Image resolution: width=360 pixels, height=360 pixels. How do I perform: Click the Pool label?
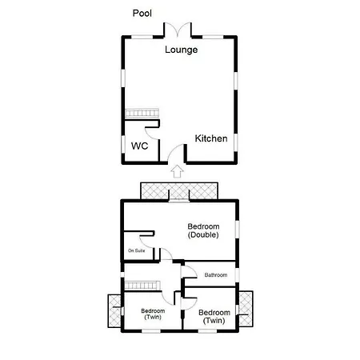[x=142, y=13]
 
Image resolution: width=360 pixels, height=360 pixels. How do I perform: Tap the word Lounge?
[x=182, y=50]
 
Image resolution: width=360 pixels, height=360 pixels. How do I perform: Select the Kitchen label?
[x=211, y=138]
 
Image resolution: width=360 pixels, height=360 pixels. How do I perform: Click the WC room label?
[x=139, y=146]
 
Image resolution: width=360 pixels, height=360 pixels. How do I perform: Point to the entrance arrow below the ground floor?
[x=177, y=171]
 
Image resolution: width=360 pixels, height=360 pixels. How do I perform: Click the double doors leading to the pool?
[x=178, y=30]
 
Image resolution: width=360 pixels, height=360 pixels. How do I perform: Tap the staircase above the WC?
[x=142, y=113]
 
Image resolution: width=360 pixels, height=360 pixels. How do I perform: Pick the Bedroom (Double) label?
[x=203, y=230]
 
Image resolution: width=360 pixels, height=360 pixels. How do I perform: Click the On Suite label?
[x=136, y=250]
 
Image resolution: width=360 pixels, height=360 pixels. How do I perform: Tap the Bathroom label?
[x=216, y=275]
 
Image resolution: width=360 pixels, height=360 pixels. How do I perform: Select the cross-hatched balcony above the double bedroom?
[x=179, y=190]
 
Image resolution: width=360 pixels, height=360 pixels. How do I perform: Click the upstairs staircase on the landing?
[x=142, y=286]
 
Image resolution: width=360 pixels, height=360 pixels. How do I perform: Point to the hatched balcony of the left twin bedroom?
[x=114, y=311]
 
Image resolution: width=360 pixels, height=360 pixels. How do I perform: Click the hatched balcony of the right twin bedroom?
[x=246, y=309]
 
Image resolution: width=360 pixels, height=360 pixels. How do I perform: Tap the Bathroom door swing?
[x=190, y=273]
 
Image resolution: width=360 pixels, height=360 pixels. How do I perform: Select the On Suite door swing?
[x=146, y=242]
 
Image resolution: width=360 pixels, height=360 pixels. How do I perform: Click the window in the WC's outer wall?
[x=123, y=144]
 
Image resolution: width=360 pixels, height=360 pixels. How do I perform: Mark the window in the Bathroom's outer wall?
[x=237, y=275]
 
